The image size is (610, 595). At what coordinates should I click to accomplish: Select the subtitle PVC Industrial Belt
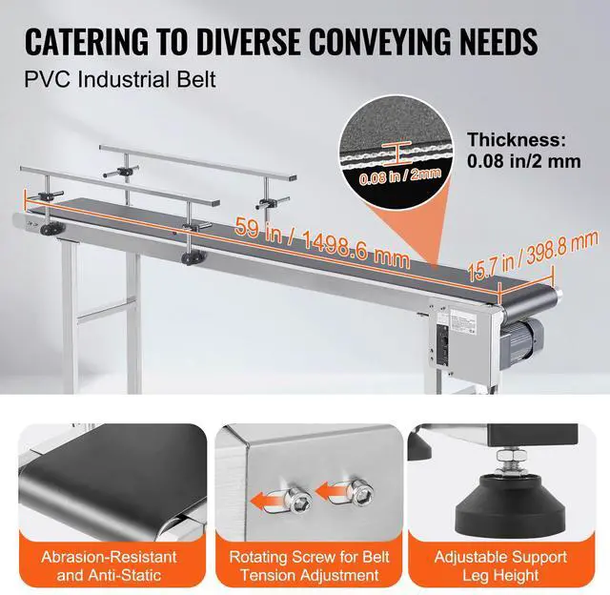tap(120, 79)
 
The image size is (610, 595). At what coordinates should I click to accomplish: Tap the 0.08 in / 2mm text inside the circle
tap(386, 175)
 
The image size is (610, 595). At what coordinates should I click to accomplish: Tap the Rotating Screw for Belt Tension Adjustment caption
tap(304, 565)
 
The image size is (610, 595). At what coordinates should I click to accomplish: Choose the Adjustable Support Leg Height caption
tap(501, 565)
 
